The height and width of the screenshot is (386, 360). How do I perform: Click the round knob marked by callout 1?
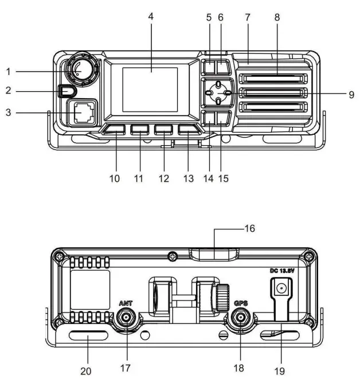coord(80,69)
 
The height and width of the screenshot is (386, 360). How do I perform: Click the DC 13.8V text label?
coord(282,270)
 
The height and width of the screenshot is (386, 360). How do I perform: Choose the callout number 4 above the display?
coord(151,18)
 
